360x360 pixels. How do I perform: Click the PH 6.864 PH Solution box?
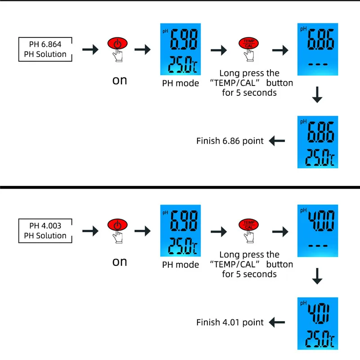coord(45,49)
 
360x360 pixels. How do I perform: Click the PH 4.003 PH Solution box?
coord(45,231)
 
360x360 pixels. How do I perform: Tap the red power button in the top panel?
coord(117,44)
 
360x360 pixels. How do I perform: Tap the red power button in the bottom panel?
coord(117,225)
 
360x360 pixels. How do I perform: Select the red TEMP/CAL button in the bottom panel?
coord(248,225)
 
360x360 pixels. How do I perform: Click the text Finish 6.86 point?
coord(230,141)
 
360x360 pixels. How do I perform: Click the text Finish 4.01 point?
coord(230,322)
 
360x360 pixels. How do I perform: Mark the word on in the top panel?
coord(120,81)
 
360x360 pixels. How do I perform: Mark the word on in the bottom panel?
coord(120,262)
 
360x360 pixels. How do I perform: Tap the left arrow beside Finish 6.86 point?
coord(277,141)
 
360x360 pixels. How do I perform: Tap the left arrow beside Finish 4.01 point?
coord(277,322)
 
